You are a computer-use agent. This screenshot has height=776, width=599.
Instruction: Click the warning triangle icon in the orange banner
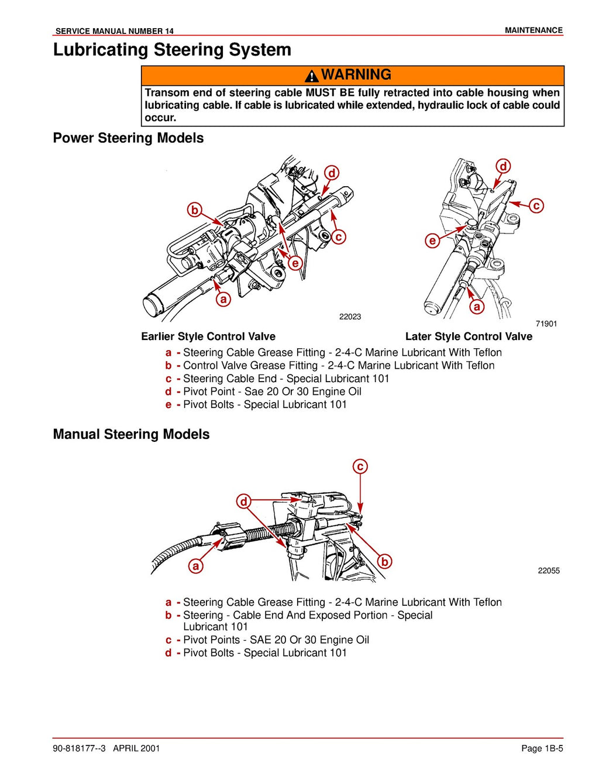coord(312,75)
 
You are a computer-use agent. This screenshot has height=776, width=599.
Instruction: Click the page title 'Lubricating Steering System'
coord(172,50)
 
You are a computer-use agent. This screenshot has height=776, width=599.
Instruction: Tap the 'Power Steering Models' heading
coord(128,138)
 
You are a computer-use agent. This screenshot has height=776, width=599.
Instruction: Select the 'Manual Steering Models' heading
coord(131,434)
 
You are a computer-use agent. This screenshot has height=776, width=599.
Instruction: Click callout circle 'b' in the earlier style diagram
coord(195,210)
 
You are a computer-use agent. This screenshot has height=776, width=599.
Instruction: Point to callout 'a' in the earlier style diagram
coord(223,300)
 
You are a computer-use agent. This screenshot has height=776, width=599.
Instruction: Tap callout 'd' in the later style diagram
coord(503,166)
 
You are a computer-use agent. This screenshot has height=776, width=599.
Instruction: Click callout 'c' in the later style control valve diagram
coord(536,205)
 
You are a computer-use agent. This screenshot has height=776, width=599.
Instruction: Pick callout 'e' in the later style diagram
coord(432,241)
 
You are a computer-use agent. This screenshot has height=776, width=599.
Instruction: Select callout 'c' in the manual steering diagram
coord(360,466)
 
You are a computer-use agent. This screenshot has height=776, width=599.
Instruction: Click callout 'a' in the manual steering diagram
coord(196,566)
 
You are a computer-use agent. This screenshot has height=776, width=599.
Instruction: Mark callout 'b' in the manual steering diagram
coord(384,561)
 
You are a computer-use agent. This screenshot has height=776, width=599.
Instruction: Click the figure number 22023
coord(350,317)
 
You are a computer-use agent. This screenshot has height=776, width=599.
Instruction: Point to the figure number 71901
coord(546,324)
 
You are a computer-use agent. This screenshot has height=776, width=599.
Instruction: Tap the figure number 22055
coord(549,571)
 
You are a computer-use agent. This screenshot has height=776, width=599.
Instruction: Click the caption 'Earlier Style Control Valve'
coord(208,337)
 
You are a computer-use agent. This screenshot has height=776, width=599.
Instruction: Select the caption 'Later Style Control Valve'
coord(469,337)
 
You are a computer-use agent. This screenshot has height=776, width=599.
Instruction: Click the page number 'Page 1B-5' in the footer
coord(542,748)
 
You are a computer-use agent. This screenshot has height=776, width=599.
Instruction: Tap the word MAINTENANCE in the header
coord(533,30)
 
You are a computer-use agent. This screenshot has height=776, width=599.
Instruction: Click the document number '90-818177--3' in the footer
coord(79,748)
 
